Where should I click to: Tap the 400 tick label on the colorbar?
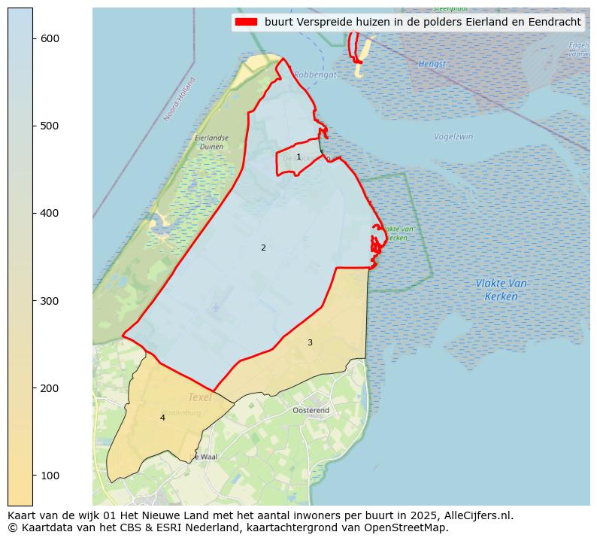(x=50, y=213)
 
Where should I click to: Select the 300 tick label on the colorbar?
(x=50, y=301)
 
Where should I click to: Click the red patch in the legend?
(x=246, y=23)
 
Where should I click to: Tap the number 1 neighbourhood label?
(x=298, y=157)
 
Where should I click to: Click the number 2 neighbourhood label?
(x=263, y=248)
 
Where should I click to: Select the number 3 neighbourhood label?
(x=310, y=343)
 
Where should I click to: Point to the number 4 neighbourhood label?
(x=162, y=418)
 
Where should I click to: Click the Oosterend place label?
(x=311, y=410)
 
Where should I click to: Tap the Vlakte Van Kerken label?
(x=501, y=290)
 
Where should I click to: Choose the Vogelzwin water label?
(x=453, y=137)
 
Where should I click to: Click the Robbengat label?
(x=316, y=74)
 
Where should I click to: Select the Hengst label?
(x=432, y=64)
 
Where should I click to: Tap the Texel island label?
(x=199, y=397)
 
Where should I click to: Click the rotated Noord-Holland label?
(x=180, y=99)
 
